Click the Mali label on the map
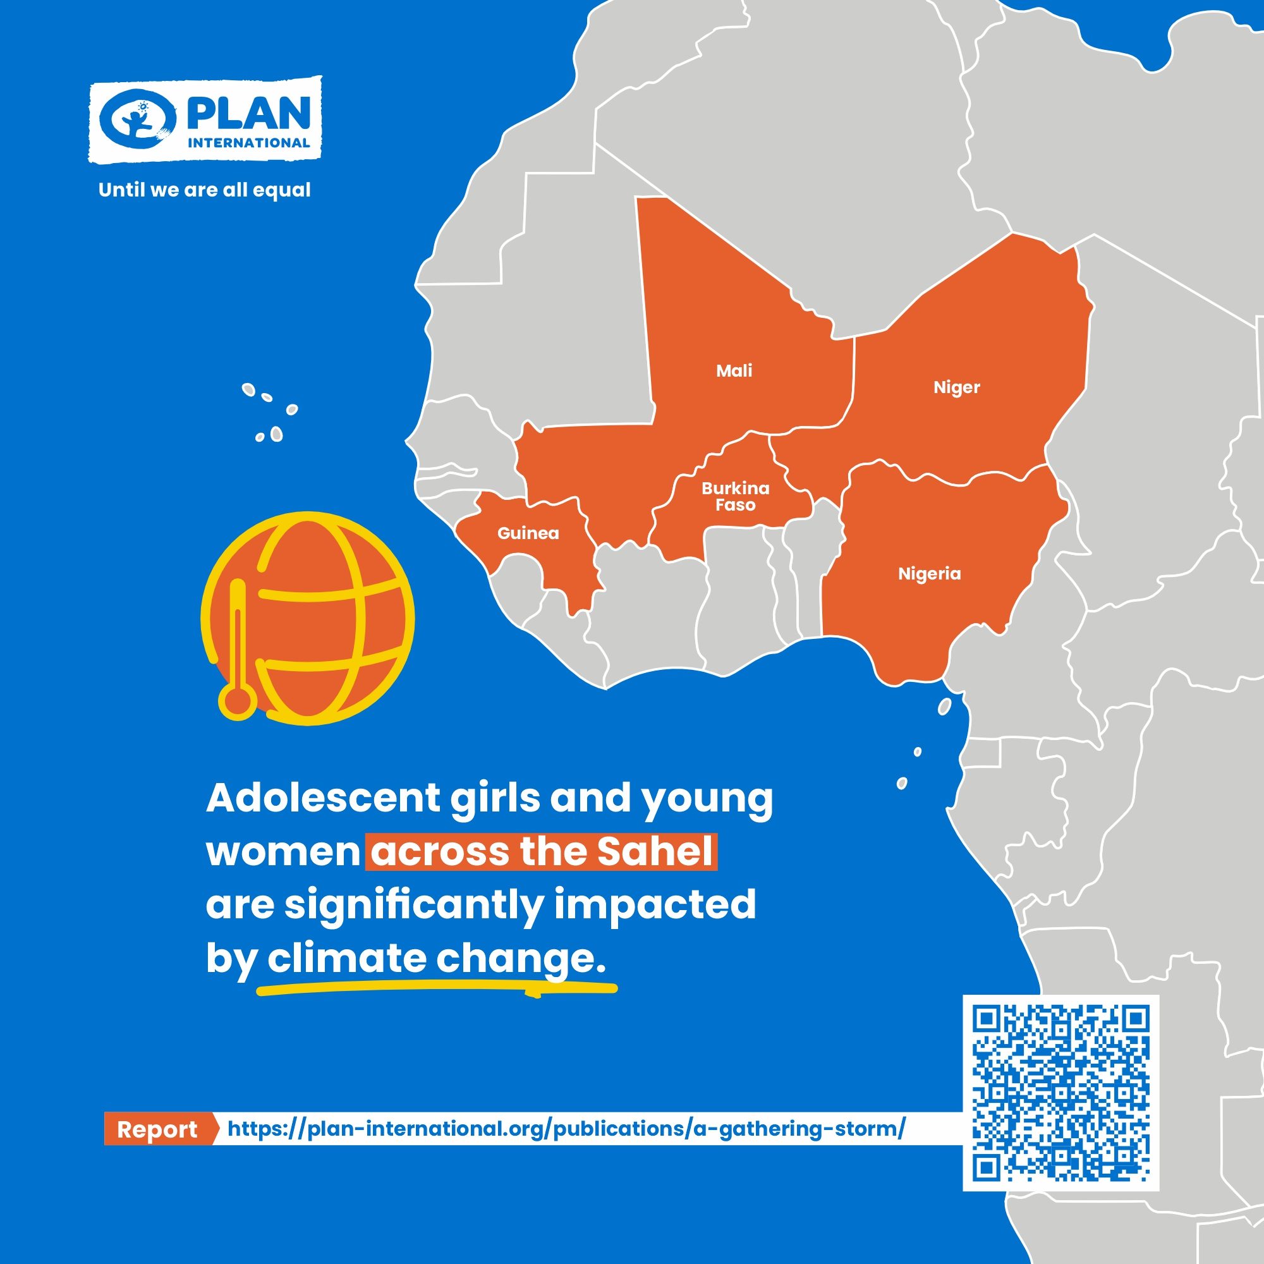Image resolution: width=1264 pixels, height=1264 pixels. [734, 371]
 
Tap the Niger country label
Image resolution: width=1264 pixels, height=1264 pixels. [956, 387]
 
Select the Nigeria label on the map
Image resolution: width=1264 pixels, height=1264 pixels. [929, 574]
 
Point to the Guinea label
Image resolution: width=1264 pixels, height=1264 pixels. [528, 533]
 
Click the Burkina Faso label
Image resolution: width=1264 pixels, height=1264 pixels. [736, 497]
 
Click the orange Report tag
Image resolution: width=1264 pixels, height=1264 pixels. [157, 1130]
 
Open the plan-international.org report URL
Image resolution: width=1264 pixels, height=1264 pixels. [566, 1129]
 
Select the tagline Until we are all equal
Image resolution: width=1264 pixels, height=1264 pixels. [204, 190]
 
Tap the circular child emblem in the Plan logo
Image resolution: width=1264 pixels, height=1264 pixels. [138, 119]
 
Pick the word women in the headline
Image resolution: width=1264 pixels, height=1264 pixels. [284, 852]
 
